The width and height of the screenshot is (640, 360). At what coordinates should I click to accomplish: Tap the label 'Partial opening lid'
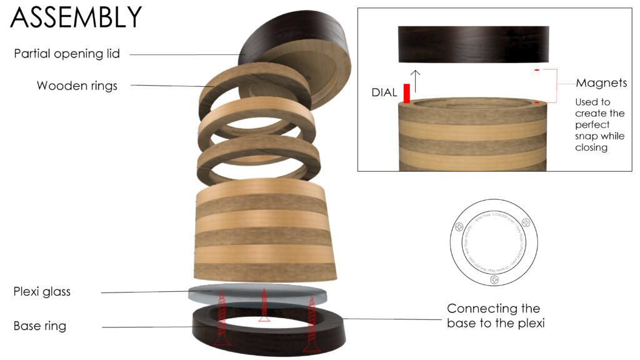click(x=67, y=54)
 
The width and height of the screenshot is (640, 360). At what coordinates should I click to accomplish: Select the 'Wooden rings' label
click(x=77, y=86)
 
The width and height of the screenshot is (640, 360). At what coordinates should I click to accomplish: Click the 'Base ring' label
click(x=40, y=326)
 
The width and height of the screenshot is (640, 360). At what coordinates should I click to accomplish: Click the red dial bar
click(x=407, y=94)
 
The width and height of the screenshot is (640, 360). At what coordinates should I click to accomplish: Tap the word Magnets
click(x=601, y=83)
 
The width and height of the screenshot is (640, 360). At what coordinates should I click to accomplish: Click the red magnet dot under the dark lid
click(x=537, y=70)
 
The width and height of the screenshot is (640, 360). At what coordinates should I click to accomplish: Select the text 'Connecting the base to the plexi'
click(x=493, y=316)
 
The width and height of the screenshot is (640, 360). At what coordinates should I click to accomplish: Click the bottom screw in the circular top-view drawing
click(x=495, y=282)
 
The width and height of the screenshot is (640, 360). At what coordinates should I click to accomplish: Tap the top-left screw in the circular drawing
click(x=460, y=227)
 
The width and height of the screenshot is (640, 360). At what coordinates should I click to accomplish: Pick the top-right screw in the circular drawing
click(x=526, y=223)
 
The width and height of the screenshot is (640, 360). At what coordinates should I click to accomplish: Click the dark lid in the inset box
click(x=473, y=43)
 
